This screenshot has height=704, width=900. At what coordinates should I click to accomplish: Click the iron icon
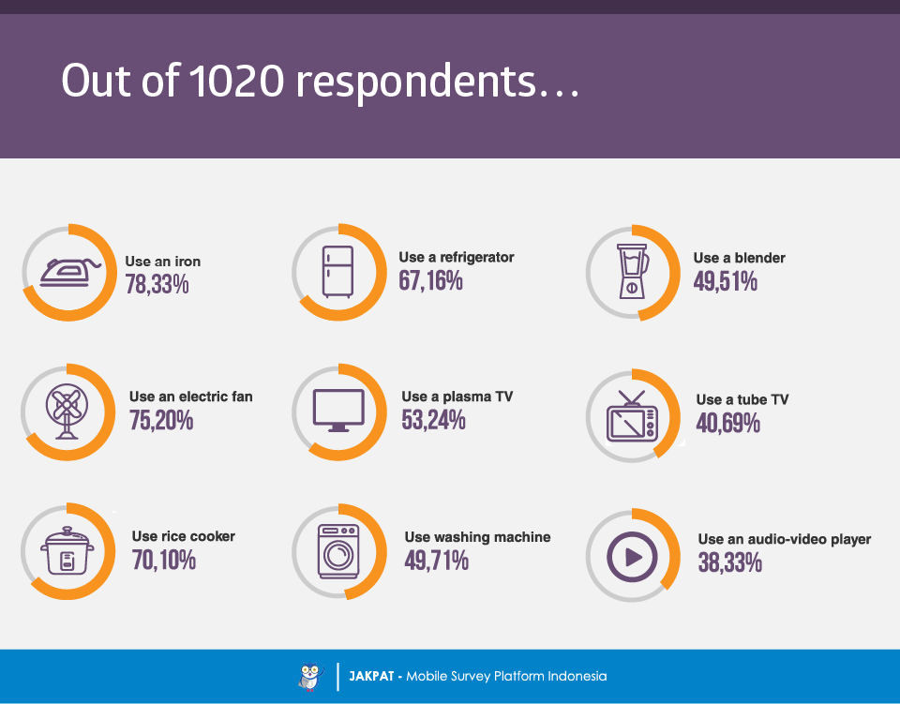[x=70, y=273]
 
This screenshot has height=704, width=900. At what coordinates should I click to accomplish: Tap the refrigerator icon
[x=337, y=272]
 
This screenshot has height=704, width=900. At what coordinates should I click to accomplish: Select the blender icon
[x=632, y=272]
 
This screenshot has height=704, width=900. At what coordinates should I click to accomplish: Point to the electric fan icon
[x=67, y=412]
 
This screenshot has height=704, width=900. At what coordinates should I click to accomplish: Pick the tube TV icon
[x=632, y=416]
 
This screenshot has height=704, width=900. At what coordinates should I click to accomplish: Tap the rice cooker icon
[x=67, y=551]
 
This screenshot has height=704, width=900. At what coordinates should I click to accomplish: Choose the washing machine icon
[x=338, y=551]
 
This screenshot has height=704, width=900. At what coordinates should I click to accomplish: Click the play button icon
[x=632, y=557]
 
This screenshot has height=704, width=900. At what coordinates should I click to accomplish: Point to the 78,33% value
[x=157, y=285]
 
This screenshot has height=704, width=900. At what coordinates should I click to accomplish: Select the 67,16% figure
[x=431, y=280]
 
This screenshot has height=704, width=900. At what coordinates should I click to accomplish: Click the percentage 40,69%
[x=727, y=424]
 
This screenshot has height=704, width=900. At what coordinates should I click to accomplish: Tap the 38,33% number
[x=730, y=562]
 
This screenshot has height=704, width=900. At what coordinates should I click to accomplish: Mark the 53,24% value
[x=433, y=420]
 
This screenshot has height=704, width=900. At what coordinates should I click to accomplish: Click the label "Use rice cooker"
[x=184, y=536]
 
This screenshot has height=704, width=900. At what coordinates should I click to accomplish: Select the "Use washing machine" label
[x=477, y=537]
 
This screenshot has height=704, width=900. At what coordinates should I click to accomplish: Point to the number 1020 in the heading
[x=236, y=81]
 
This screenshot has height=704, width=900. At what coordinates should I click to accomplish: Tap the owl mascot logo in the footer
[x=310, y=677]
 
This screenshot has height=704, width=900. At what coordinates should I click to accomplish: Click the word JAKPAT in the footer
[x=371, y=677]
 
